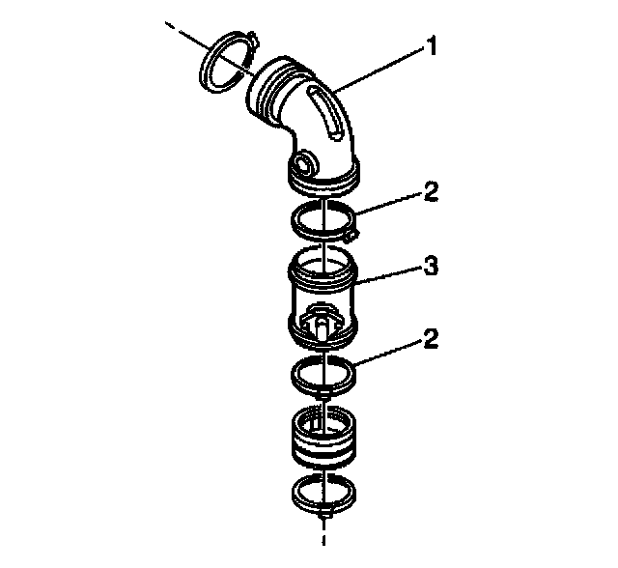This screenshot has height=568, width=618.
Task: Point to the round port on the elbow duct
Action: pos(305,161)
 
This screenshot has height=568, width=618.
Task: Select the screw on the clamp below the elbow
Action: pos(351,232)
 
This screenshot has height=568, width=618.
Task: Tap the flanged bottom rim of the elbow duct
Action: pos(323,179)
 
